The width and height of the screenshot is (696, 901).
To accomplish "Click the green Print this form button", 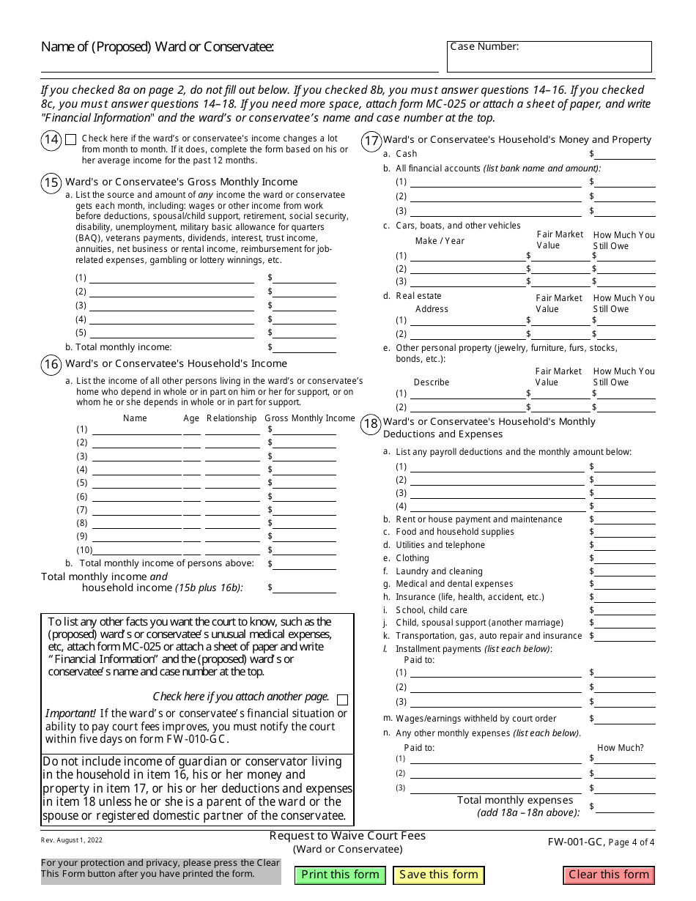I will pos(340,875).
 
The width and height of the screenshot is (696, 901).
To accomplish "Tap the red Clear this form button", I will pos(609,875).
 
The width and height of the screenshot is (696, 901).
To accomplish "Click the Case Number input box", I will pos(549,57).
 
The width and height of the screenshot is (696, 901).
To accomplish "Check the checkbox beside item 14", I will pos(70,139).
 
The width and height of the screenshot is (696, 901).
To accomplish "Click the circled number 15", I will pos(51,182).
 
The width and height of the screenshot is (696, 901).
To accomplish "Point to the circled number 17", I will pos(371,140).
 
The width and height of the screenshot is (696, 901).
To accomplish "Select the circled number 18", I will pos(371,423).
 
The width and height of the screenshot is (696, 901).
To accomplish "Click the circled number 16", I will pos(51,364).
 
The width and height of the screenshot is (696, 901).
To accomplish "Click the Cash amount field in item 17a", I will pos(625,155).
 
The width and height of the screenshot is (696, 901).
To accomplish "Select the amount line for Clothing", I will pos(625,559).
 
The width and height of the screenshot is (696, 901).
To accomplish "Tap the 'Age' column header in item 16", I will pos(191,418).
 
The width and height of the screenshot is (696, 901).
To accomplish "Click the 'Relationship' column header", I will pos(232,418).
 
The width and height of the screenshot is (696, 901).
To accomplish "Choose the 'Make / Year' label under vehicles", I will pos(440,241).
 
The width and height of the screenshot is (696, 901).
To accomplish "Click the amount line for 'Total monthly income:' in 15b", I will pos(305,348).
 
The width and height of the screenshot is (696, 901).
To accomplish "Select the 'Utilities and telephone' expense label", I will pos(440,545).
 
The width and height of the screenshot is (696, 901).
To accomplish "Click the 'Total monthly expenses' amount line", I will pos(625,807).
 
